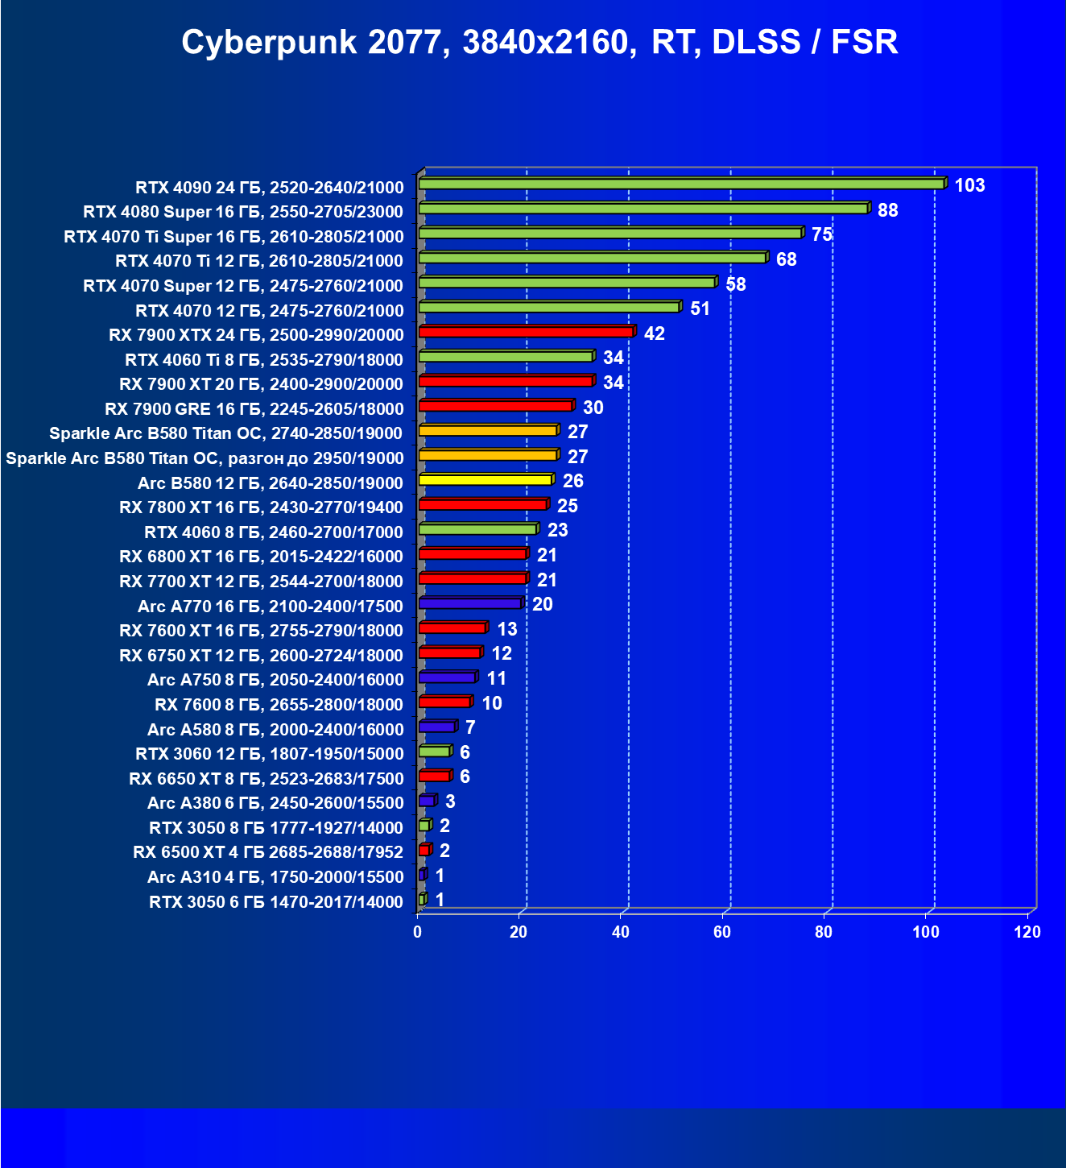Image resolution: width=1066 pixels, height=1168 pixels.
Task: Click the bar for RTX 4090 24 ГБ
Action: [x=680, y=184]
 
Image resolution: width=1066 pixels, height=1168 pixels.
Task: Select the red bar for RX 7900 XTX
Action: [x=527, y=332]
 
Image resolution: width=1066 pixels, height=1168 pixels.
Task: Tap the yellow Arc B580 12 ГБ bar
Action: [x=485, y=480]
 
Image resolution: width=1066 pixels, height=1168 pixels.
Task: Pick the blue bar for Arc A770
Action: [x=470, y=603]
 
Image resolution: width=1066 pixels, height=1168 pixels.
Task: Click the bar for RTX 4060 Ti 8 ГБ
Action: [x=506, y=357]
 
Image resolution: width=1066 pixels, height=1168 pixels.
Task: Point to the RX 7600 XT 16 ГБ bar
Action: [x=452, y=628]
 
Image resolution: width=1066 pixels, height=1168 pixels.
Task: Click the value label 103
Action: [x=969, y=185]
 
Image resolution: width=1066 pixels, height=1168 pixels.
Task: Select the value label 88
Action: [x=887, y=210]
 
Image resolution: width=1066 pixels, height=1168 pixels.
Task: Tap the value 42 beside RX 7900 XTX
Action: [x=655, y=333]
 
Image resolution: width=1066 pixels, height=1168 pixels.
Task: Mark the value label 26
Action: [x=573, y=481]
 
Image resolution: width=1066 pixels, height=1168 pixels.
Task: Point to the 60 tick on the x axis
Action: [x=722, y=932]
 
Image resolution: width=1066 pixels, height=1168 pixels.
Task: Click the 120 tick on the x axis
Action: [x=1027, y=932]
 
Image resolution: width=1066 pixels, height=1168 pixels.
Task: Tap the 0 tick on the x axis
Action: [x=417, y=932]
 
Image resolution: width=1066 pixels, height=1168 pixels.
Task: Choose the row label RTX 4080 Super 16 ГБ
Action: [x=243, y=212]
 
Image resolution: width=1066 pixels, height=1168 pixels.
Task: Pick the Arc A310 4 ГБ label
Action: [x=275, y=876]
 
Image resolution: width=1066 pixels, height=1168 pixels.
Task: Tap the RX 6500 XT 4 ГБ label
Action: [x=268, y=852]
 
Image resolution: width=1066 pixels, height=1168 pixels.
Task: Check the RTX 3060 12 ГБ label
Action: [x=270, y=753]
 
